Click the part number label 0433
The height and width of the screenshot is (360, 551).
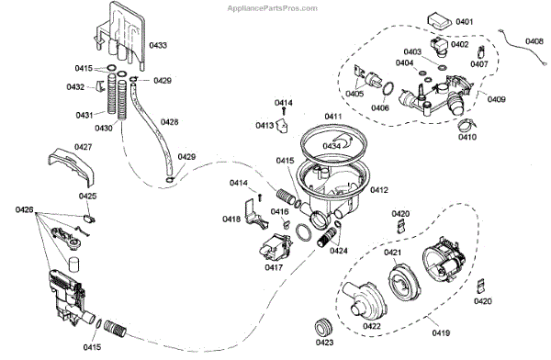pos(158,45)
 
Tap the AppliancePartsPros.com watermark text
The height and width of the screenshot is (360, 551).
pos(273,8)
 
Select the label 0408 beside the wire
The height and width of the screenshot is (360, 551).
pos(534,41)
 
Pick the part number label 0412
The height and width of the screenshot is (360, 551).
pos(379,190)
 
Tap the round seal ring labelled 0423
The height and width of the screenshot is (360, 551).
pos(323,328)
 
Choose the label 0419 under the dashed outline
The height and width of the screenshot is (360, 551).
pos(441,332)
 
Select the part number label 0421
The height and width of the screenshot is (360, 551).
pos(392,252)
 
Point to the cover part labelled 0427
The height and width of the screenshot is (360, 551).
pos(72,168)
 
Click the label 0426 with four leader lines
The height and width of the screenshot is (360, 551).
pos(24,210)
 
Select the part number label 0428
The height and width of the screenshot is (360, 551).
pos(169,122)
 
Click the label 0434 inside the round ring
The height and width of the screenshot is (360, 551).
pos(332,145)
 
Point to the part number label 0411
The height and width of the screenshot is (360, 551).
pos(333,117)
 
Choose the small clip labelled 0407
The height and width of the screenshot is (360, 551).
pos(480,51)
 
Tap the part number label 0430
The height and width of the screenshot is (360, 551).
pos(104,128)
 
